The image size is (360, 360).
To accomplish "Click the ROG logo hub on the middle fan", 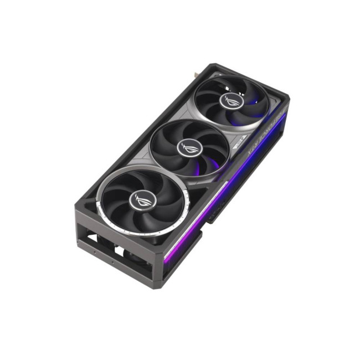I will click(186, 147).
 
